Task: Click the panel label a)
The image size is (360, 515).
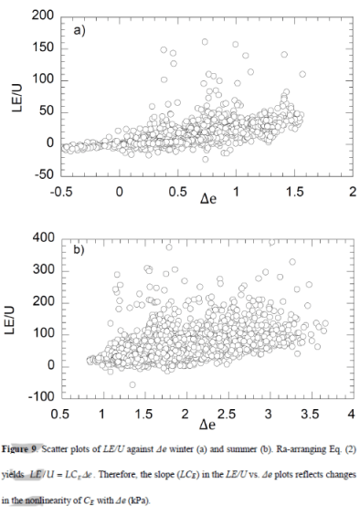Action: pyautogui.click(x=79, y=31)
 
